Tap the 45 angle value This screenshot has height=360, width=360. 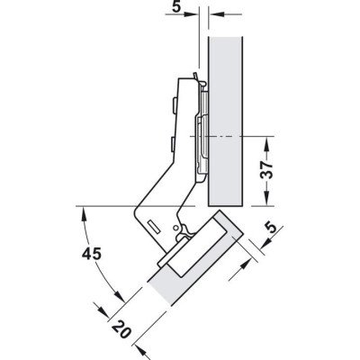click(x=92, y=255)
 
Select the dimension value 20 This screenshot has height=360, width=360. click(x=121, y=328)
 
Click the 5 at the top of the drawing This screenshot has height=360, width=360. click(x=177, y=7)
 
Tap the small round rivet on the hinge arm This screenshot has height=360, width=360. click(x=175, y=228)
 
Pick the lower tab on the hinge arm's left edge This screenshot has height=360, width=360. click(x=172, y=144)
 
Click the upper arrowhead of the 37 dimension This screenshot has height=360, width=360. click(x=266, y=143)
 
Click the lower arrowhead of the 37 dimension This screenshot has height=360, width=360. click(x=266, y=200)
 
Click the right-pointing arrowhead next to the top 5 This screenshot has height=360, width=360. click(x=192, y=13)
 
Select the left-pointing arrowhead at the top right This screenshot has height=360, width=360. click(x=215, y=13)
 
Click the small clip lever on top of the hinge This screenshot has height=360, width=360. click(x=195, y=76)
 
